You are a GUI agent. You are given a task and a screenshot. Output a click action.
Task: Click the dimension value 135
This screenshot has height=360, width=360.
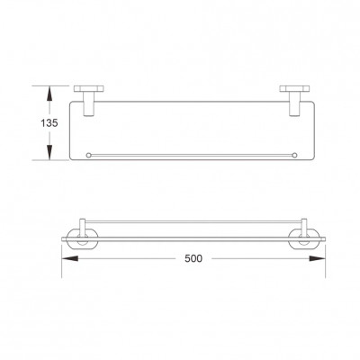pos(49,123)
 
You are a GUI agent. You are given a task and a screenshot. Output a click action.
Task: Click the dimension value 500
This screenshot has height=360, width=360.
pos(193,258)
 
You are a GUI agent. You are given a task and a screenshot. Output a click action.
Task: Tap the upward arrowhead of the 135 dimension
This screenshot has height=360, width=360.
pos(49,94)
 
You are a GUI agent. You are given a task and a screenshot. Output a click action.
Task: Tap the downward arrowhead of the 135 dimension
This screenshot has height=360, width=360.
pos(49,153)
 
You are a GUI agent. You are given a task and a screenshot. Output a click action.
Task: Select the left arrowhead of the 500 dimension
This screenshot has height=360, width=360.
pos(70,258)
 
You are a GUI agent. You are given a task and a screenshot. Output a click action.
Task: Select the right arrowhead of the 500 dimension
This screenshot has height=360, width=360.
pos(317,258)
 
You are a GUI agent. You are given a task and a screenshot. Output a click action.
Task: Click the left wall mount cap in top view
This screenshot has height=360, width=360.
pos(89,88)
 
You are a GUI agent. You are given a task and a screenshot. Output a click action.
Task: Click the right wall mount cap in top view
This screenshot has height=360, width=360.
pos(294,88)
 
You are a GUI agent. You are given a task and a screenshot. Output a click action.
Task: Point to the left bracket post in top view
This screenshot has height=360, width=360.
pos(89,103)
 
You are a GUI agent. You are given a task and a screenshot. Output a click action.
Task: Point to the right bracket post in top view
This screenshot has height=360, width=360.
pos(294,103)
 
